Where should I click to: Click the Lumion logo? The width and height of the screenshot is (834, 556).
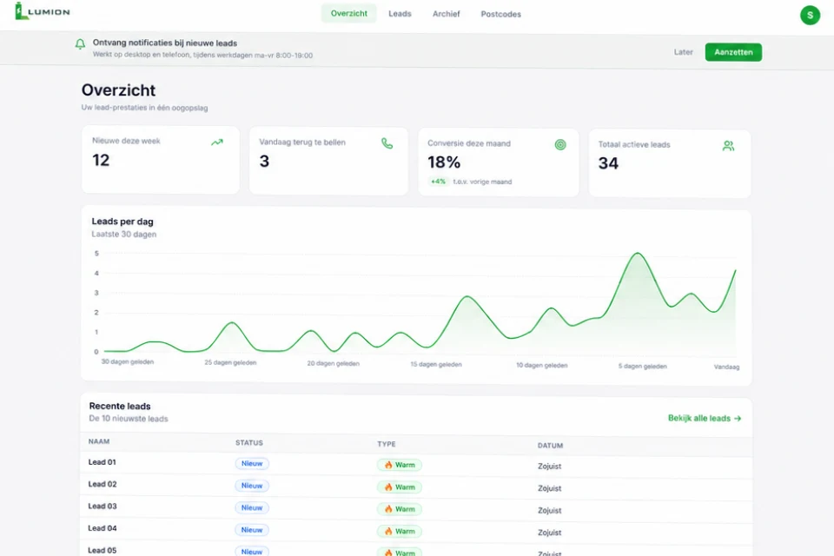[x=43, y=11]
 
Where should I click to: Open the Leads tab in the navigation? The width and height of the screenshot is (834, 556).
[x=400, y=14]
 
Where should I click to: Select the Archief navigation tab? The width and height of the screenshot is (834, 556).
[x=446, y=14]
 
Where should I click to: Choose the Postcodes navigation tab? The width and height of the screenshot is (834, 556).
[x=500, y=15]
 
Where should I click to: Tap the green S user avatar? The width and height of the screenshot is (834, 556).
[x=810, y=15]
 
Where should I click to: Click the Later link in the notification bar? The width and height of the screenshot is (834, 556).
[x=683, y=52]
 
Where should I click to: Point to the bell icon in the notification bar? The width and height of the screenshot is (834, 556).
[x=80, y=44]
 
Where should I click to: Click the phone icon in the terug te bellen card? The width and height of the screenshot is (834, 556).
[x=387, y=143]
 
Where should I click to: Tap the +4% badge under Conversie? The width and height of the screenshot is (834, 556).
[x=438, y=182]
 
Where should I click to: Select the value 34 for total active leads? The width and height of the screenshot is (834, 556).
[x=608, y=163]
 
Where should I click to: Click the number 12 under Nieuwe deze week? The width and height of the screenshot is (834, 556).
[x=101, y=160]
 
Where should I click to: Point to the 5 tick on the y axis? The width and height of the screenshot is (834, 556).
[x=96, y=254]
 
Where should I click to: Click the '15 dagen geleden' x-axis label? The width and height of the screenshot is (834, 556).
[x=435, y=365]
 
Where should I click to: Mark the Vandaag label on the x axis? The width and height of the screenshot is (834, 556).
[x=726, y=367]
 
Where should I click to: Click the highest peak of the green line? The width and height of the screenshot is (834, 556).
[x=637, y=254]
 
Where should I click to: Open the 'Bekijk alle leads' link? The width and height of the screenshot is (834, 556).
[x=705, y=418]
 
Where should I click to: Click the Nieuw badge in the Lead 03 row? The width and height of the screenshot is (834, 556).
[x=252, y=507]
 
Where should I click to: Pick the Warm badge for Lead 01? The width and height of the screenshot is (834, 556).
[x=400, y=465]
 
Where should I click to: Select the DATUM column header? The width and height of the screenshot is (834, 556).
[x=550, y=446]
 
